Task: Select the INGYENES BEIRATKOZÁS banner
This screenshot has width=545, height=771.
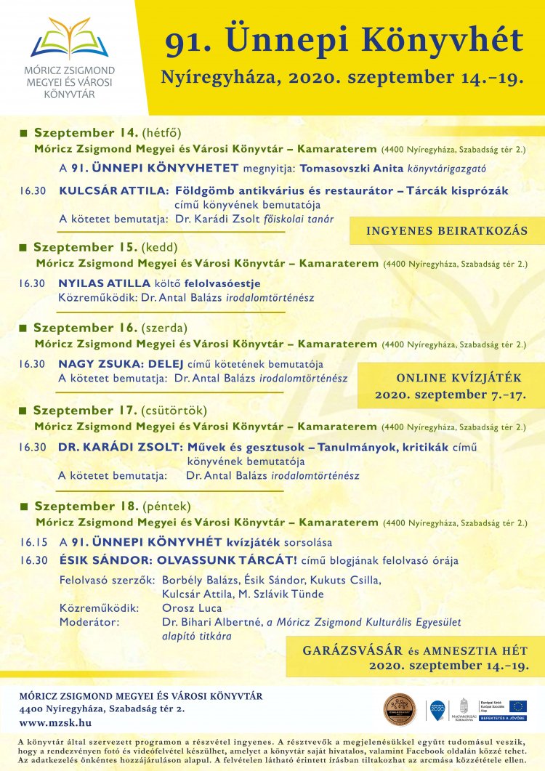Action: [446, 231]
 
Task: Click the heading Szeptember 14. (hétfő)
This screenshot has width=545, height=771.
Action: [107, 133]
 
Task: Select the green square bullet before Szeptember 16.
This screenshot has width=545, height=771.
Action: [23, 328]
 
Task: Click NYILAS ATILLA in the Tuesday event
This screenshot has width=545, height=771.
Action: [105, 283]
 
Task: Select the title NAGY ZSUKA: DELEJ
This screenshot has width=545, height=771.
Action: [121, 364]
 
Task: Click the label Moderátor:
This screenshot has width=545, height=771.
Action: [89, 622]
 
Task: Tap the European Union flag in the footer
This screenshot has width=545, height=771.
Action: [517, 706]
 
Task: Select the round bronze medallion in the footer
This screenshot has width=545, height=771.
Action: [400, 709]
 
